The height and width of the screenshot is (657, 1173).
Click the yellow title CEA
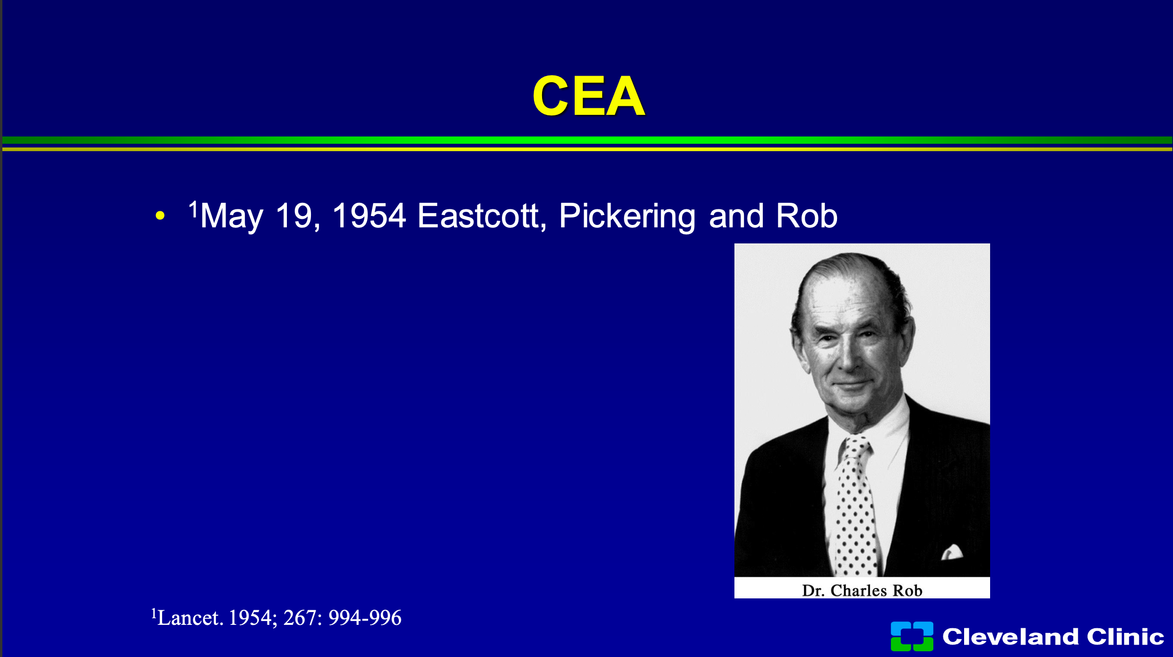[588, 96]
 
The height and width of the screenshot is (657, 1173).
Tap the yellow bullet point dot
[160, 216]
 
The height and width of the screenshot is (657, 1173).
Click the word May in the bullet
[232, 216]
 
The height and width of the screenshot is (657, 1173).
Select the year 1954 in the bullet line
[369, 216]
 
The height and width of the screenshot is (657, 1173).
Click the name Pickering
[627, 216]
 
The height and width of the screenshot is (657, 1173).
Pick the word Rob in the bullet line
[807, 216]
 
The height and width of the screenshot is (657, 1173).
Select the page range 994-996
[365, 618]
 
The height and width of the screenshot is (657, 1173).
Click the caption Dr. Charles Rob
[862, 590]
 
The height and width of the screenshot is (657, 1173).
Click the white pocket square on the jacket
[952, 552]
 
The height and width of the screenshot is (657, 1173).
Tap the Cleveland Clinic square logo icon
[912, 636]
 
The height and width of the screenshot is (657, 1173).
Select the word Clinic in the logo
[1125, 636]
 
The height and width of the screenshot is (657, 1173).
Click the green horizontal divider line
[587, 140]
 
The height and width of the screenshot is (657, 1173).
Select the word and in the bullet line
[736, 216]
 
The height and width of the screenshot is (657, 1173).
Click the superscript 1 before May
[193, 208]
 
